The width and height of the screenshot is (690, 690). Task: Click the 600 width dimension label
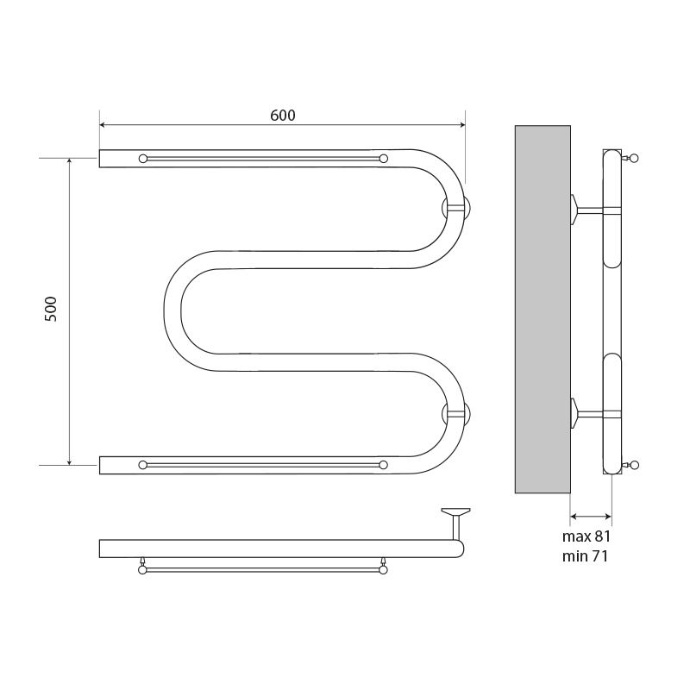click(283, 116)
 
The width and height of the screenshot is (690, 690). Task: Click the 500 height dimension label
click(51, 309)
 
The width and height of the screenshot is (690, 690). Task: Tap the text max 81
click(586, 536)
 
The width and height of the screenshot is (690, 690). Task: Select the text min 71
click(586, 556)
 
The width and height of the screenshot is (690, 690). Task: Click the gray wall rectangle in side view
click(543, 309)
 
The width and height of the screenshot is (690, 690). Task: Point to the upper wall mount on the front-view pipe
click(456, 209)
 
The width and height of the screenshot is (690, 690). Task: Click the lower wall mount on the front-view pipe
click(456, 413)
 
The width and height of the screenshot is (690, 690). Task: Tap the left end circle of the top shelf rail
click(143, 159)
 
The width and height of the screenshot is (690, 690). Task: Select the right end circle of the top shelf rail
click(383, 159)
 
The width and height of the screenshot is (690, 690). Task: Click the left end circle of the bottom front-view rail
click(142, 465)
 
